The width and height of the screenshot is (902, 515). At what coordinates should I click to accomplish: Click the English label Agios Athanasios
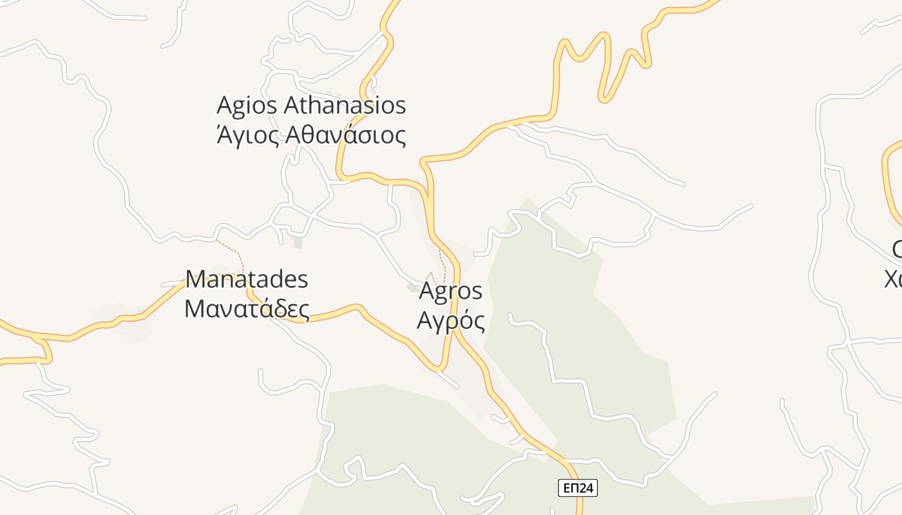pyautogui.click(x=311, y=105)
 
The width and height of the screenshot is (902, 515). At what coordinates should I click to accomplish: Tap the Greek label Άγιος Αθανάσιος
pyautogui.click(x=311, y=135)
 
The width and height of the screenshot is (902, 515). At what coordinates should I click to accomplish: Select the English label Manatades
pyautogui.click(x=247, y=280)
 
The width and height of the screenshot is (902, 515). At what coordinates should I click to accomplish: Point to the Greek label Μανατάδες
pyautogui.click(x=247, y=308)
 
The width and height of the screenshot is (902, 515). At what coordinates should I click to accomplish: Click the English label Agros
pyautogui.click(x=450, y=291)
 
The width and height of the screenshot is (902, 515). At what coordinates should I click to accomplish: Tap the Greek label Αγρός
pyautogui.click(x=450, y=319)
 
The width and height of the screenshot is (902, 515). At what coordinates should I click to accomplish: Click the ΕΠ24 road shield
pyautogui.click(x=578, y=488)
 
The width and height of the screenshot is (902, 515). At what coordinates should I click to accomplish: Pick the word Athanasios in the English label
pyautogui.click(x=345, y=105)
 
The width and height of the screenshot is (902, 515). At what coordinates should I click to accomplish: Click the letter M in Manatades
pyautogui.click(x=197, y=280)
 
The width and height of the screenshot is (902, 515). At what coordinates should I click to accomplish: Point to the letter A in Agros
pyautogui.click(x=428, y=291)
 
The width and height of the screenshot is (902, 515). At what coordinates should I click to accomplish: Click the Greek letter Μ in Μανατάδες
pyautogui.click(x=196, y=308)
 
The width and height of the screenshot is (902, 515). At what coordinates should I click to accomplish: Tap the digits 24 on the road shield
pyautogui.click(x=586, y=488)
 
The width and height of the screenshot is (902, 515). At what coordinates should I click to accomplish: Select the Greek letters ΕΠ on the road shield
pyautogui.click(x=570, y=488)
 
